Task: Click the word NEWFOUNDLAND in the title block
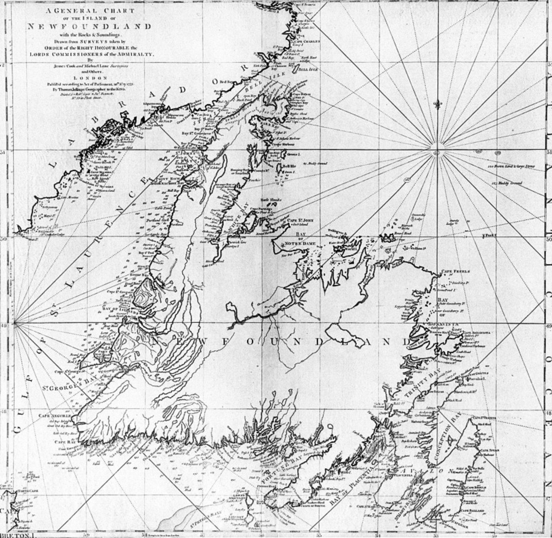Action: [x=89, y=27]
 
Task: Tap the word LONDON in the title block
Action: [x=91, y=78]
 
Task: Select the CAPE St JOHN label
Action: [x=300, y=220]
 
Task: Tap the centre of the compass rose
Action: [x=437, y=153]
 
